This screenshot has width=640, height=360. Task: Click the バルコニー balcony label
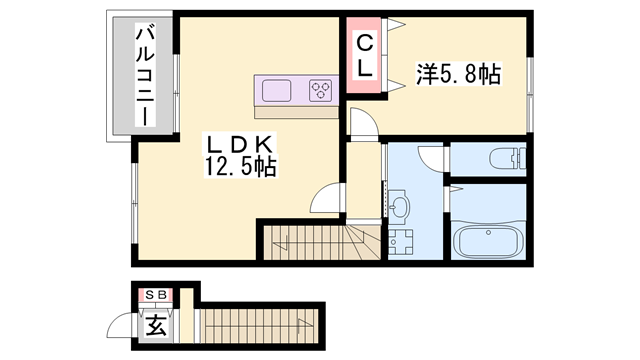pos(145,76)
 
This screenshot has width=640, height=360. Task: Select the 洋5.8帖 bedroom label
pos(458,72)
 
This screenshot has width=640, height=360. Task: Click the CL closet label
pos(365,56)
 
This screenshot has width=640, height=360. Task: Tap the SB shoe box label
pos(155,295)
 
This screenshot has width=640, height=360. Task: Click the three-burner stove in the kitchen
pos(320,91)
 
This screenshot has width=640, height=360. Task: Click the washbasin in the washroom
pos(399,209)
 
